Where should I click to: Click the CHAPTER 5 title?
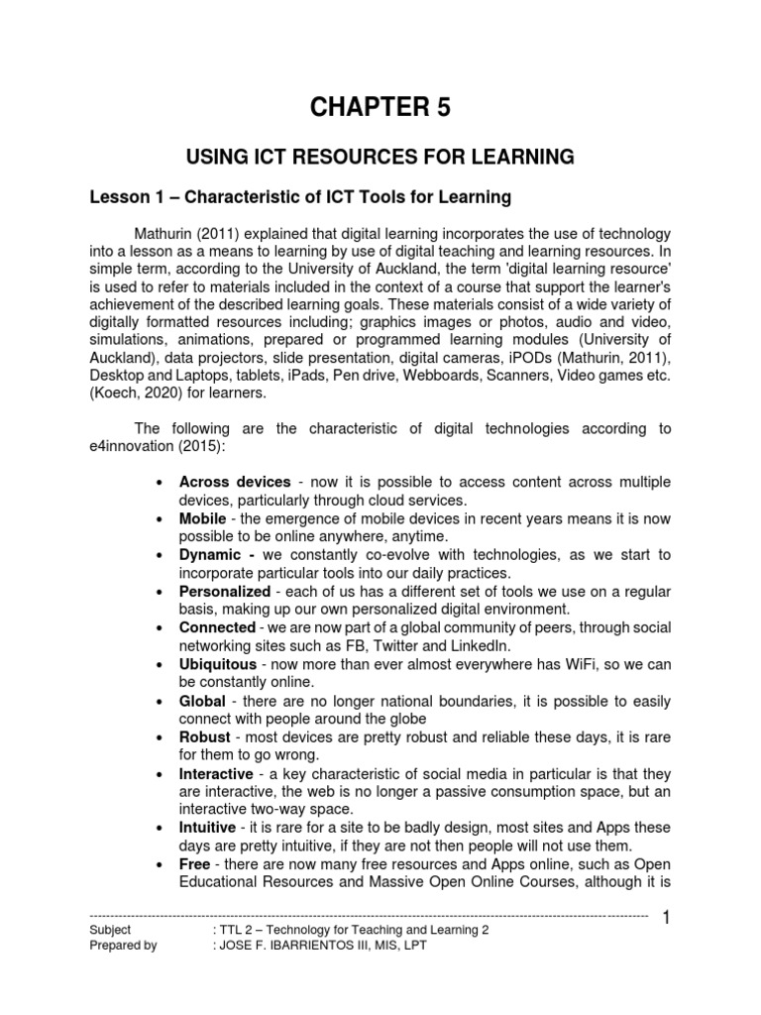click(x=380, y=108)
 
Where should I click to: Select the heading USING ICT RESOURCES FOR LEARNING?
click(x=380, y=157)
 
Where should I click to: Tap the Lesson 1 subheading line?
click(x=299, y=197)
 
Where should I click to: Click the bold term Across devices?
click(x=235, y=482)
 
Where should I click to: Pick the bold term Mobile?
click(x=202, y=518)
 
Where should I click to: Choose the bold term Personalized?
click(x=225, y=591)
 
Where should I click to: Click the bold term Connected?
click(x=218, y=627)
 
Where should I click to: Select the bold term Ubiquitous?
click(x=217, y=664)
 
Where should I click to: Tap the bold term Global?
click(x=202, y=700)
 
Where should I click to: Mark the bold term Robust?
click(x=204, y=737)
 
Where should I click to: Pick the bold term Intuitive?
click(x=207, y=827)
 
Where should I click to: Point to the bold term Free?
click(x=195, y=863)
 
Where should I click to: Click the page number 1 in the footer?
click(x=667, y=921)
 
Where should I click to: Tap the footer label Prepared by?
click(x=123, y=946)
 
